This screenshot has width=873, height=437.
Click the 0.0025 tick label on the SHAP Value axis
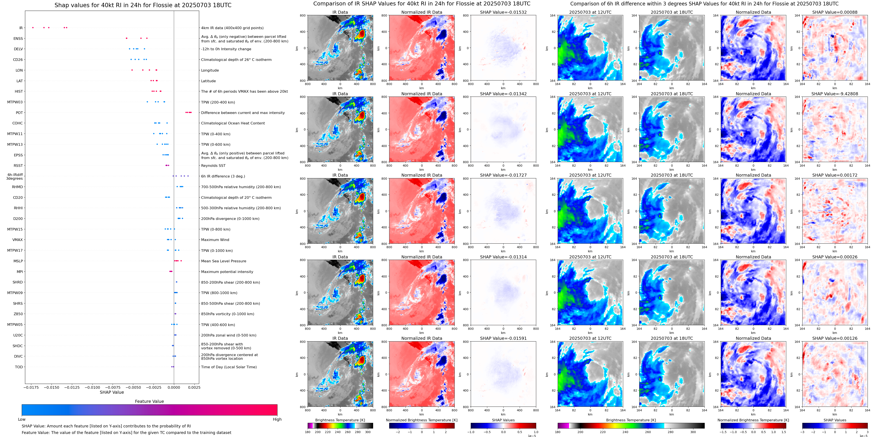pyautogui.click(x=194, y=387)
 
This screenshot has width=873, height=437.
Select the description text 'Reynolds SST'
pyautogui.click(x=213, y=166)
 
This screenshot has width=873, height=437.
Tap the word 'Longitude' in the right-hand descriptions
pyautogui.click(x=210, y=70)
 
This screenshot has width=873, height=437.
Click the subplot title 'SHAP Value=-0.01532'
pyautogui.click(x=503, y=12)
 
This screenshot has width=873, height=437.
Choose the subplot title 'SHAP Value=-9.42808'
pyautogui.click(x=835, y=94)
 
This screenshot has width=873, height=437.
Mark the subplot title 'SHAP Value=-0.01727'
pyautogui.click(x=503, y=175)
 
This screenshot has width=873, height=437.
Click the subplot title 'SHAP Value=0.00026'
pyautogui.click(x=835, y=257)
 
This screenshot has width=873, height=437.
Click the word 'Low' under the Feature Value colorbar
pyautogui.click(x=22, y=419)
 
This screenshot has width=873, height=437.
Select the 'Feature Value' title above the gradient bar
pyautogui.click(x=149, y=401)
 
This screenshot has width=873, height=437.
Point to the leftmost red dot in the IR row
pyautogui.click(x=33, y=27)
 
